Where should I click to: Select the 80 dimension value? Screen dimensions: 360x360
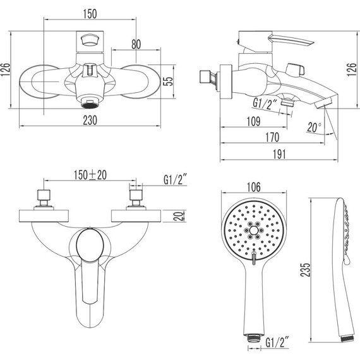(x=135, y=44)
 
